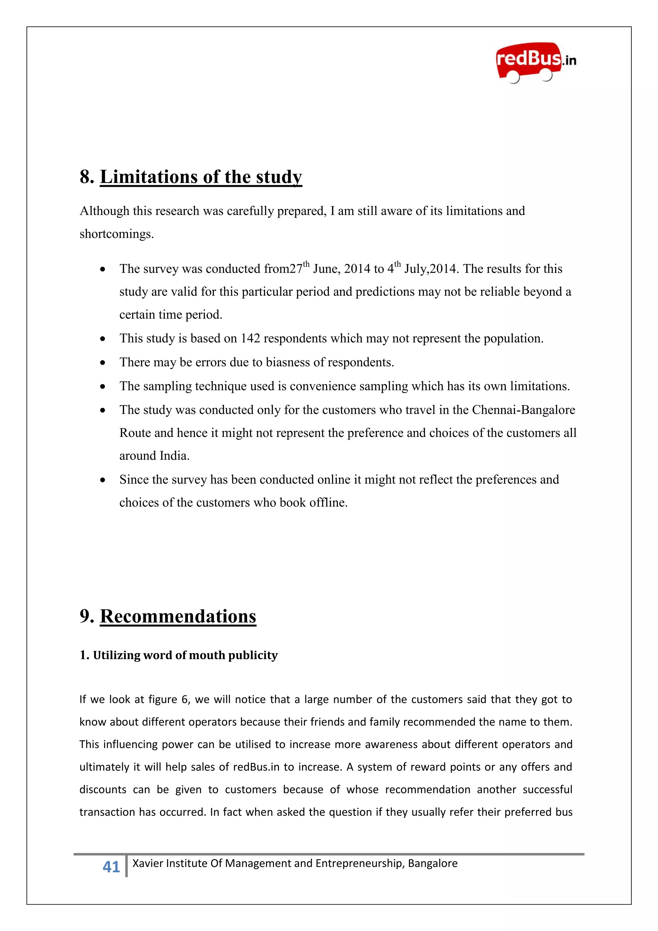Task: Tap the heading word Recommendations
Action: (x=178, y=616)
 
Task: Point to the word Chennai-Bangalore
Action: (x=523, y=410)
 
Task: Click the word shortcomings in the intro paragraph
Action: (x=116, y=234)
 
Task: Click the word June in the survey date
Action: (x=326, y=269)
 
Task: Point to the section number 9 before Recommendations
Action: (x=85, y=616)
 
